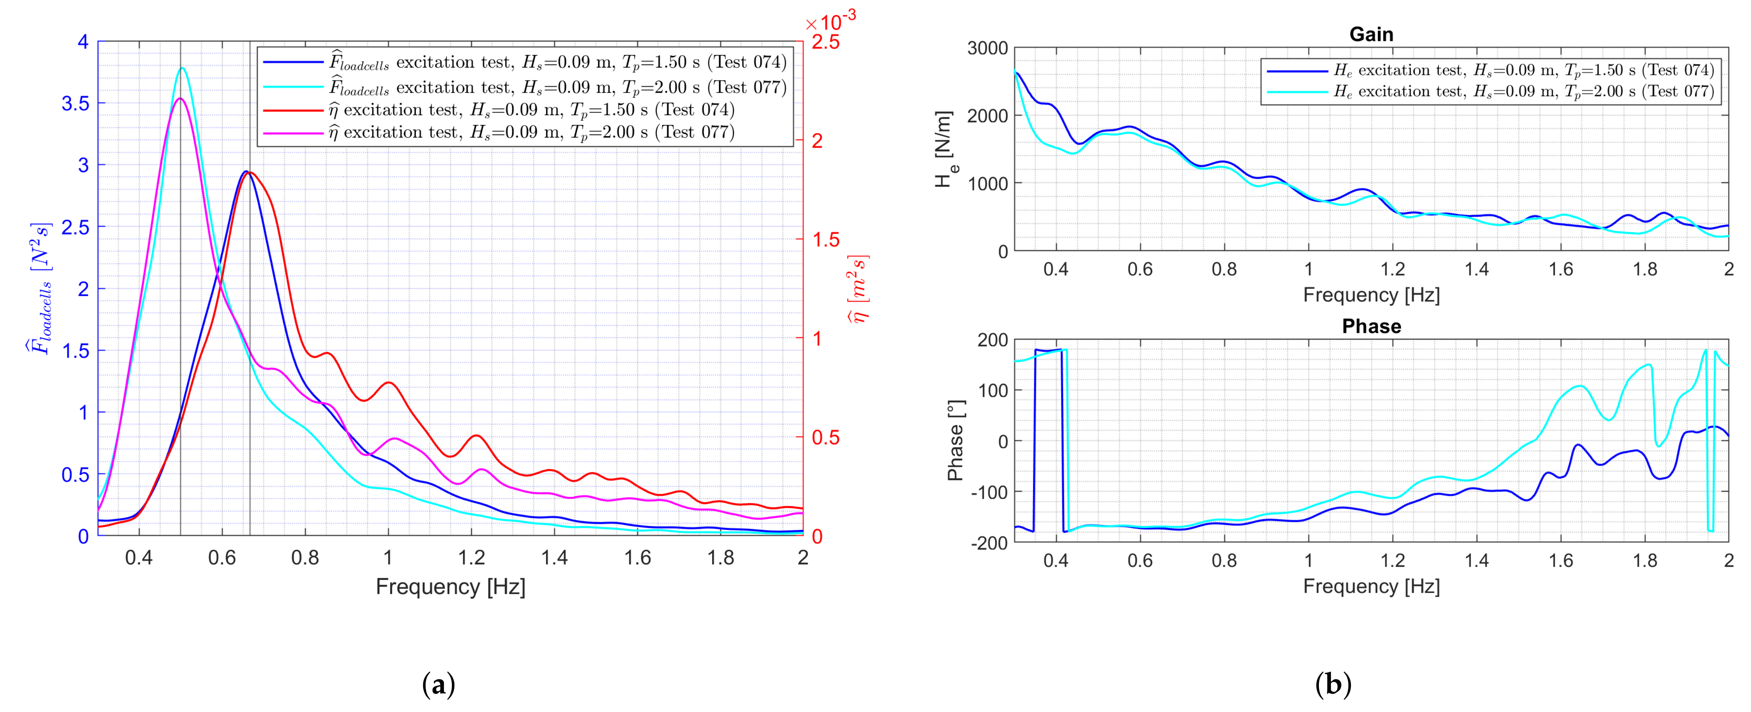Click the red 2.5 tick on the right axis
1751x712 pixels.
coord(825,42)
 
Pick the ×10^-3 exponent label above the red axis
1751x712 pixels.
coord(831,22)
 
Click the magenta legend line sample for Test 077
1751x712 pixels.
coord(292,133)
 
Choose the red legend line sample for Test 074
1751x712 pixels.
coord(292,110)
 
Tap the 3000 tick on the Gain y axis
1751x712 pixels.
coord(987,48)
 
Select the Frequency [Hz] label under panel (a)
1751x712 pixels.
coord(450,586)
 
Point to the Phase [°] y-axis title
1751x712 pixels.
coord(955,440)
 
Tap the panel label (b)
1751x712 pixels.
coord(1333,684)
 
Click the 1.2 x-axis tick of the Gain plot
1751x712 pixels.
coord(1392,269)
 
